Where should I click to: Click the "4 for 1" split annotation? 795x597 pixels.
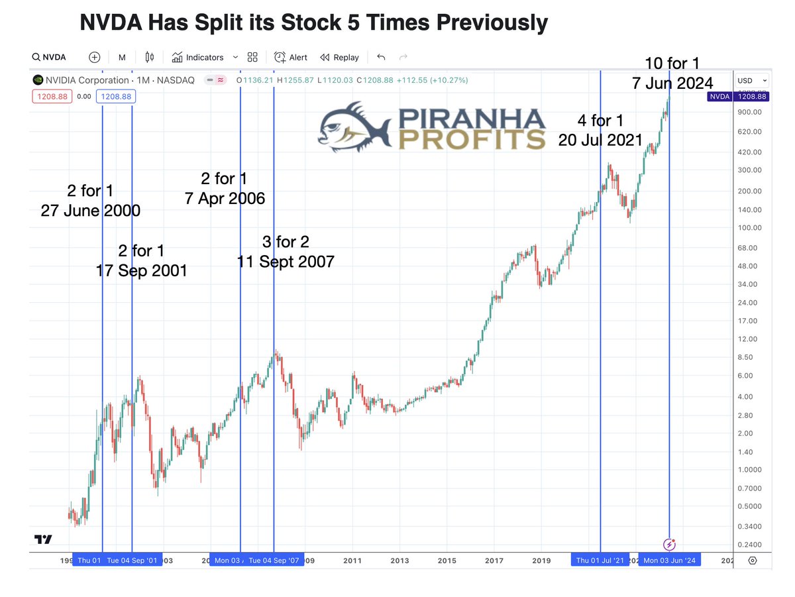pyautogui.click(x=600, y=121)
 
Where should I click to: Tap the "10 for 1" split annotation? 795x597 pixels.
pyautogui.click(x=672, y=64)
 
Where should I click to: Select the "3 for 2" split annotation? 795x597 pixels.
pyautogui.click(x=286, y=242)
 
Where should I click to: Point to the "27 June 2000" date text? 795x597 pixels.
pyautogui.click(x=90, y=212)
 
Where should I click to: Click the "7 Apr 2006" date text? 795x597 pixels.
pyautogui.click(x=225, y=198)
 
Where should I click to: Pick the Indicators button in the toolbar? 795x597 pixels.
pyautogui.click(x=197, y=58)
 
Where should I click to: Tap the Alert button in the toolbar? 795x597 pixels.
pyautogui.click(x=291, y=58)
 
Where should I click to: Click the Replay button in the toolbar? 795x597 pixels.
pyautogui.click(x=339, y=58)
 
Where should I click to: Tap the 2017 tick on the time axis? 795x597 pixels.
pyautogui.click(x=494, y=561)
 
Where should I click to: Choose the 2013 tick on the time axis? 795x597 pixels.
pyautogui.click(x=399, y=561)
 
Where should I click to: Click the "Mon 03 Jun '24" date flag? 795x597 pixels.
pyautogui.click(x=669, y=561)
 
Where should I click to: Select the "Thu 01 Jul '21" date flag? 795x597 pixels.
pyautogui.click(x=600, y=561)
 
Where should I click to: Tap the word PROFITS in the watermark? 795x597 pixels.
pyautogui.click(x=472, y=138)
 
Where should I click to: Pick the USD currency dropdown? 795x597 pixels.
pyautogui.click(x=752, y=80)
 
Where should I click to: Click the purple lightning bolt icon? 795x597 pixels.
pyautogui.click(x=670, y=545)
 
